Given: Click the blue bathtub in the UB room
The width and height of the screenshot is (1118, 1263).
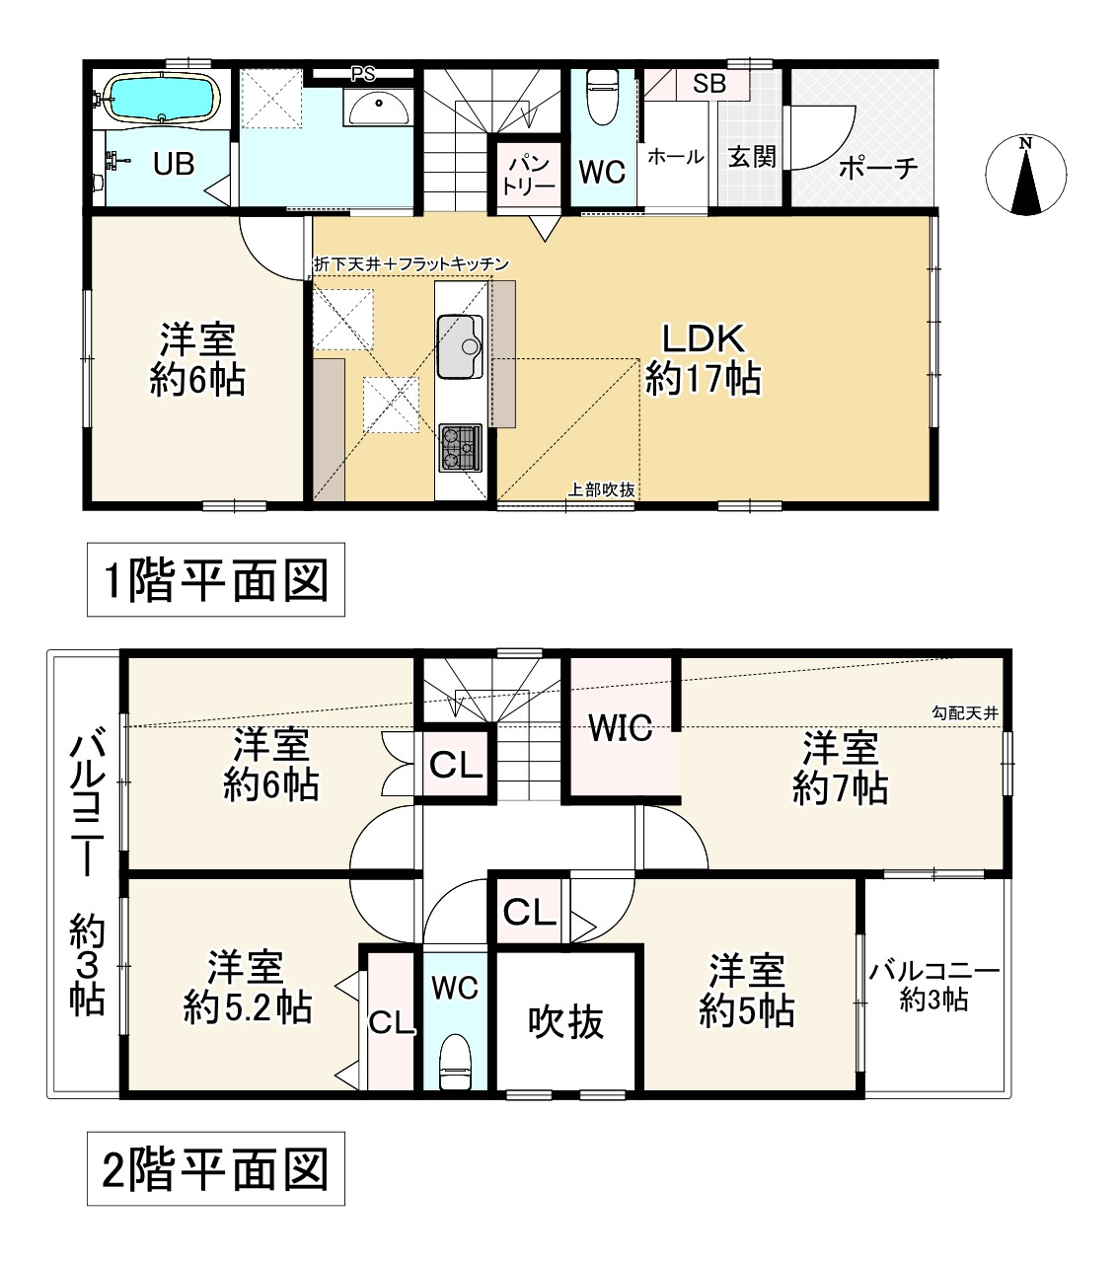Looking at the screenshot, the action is click(161, 97).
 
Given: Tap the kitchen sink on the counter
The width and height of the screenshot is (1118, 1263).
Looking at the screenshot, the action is click(460, 346).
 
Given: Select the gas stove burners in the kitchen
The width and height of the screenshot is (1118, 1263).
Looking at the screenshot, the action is click(460, 447).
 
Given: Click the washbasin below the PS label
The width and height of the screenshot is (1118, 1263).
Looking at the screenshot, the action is click(379, 108).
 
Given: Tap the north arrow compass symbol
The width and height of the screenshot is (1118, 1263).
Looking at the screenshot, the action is click(1025, 175).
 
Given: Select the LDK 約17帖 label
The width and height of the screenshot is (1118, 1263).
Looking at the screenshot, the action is click(703, 358).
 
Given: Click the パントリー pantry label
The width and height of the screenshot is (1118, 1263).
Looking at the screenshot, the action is click(529, 177).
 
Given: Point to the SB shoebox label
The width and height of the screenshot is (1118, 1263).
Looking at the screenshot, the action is click(708, 84).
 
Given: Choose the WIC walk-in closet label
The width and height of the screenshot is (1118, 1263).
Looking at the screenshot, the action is click(621, 727).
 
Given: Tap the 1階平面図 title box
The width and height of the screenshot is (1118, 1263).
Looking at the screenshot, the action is click(216, 579).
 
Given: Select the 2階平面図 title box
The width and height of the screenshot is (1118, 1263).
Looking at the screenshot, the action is click(216, 1169).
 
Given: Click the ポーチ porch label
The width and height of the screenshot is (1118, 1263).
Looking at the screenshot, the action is click(878, 168).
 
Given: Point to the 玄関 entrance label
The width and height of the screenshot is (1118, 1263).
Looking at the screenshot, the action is click(752, 157).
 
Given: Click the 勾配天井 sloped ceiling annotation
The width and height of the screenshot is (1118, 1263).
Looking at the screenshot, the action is click(965, 712).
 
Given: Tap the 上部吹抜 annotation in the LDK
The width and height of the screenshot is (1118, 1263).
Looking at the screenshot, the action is click(601, 489).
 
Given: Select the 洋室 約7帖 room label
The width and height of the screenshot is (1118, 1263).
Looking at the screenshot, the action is click(840, 768).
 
